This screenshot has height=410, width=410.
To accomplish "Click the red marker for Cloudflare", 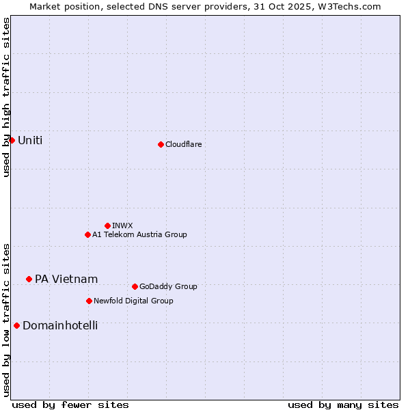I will click(161, 144).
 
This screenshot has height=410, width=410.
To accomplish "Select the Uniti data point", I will click(12, 140).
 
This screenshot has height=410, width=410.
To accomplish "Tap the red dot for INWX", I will click(107, 225).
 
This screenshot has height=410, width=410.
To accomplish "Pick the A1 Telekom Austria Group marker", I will click(87, 234).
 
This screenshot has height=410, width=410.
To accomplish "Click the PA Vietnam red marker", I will click(29, 279).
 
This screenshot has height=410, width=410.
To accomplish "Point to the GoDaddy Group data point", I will click(135, 286).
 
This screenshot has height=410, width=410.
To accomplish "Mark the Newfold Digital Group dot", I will click(89, 301).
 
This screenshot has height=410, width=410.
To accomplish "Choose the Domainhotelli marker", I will click(16, 325).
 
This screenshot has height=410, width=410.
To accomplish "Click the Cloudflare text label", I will click(183, 144).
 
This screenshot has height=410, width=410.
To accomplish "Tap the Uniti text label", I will click(30, 141).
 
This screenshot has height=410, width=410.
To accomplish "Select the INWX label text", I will click(122, 225).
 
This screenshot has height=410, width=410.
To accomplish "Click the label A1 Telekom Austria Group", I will click(139, 234).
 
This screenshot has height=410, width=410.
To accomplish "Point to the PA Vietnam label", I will click(66, 279).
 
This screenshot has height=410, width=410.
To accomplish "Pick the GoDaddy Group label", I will click(168, 286).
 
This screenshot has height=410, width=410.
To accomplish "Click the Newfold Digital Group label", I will click(133, 301).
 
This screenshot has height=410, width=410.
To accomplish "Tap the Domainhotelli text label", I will click(60, 325).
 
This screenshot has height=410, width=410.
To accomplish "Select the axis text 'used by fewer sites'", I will click(70, 405).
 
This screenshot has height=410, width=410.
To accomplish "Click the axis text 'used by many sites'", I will click(343, 405).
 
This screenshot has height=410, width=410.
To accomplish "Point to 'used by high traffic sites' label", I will click(6, 97).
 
